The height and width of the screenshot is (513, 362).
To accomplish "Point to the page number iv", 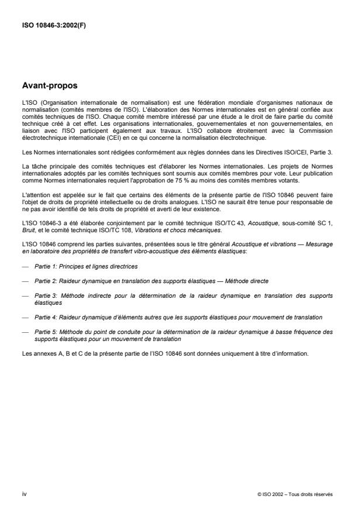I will (23, 494).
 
